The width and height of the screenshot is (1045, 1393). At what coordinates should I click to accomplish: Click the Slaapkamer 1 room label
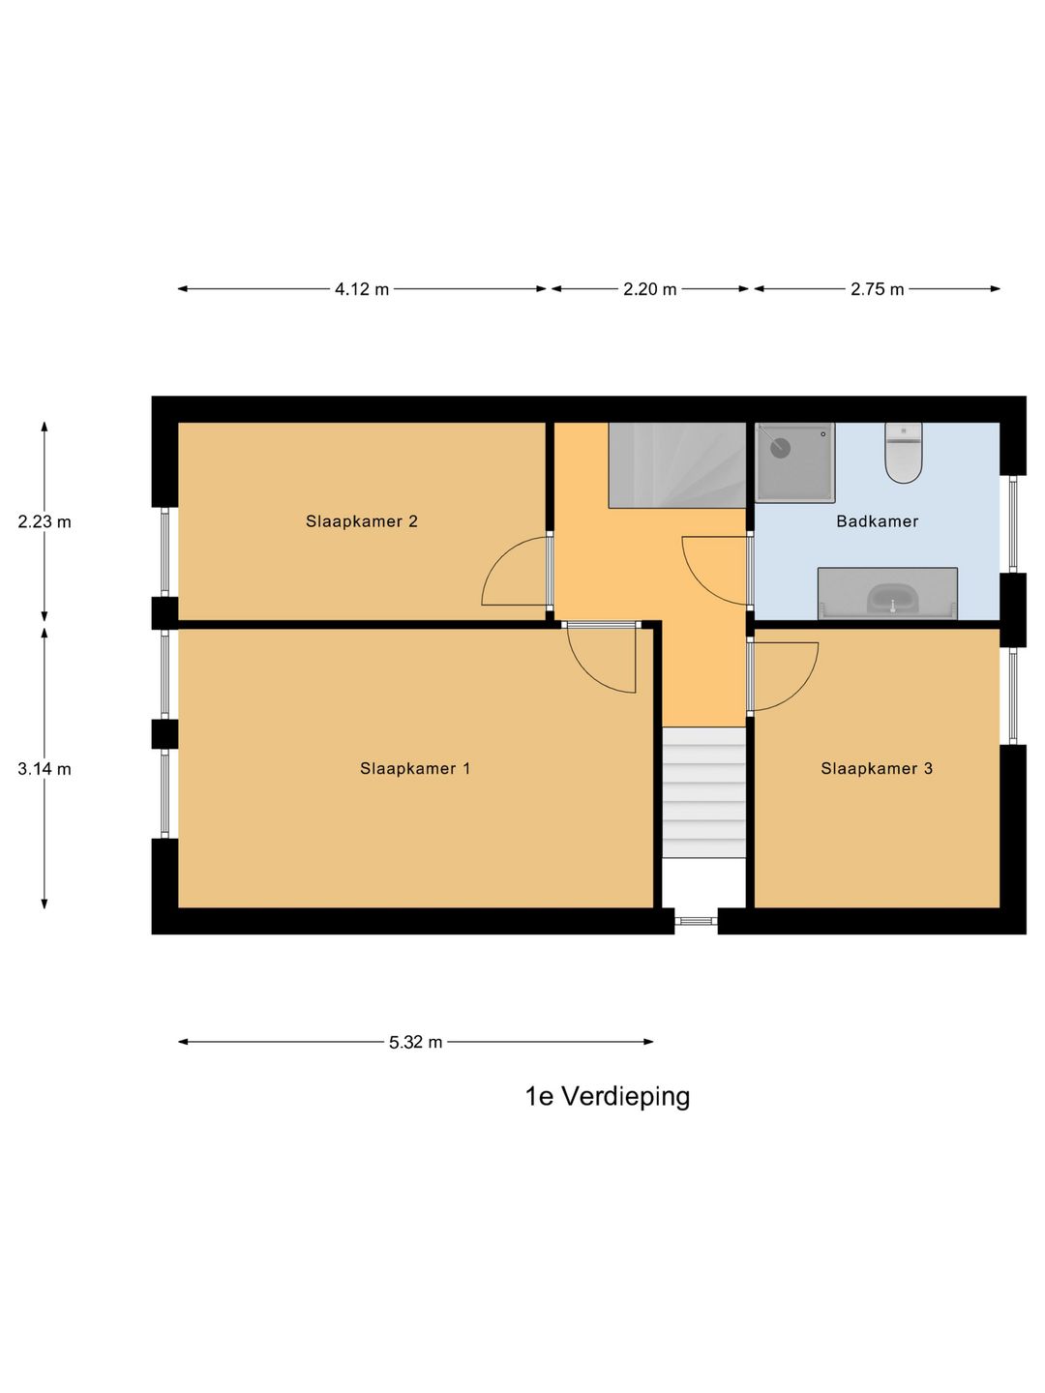point(415,769)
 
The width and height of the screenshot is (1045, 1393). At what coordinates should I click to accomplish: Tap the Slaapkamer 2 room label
point(362,521)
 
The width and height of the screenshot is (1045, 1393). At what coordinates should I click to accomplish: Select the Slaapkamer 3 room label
point(877,769)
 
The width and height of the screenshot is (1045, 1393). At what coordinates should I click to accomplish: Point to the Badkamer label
point(878,521)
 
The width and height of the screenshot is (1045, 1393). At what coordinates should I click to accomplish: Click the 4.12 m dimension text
point(362,289)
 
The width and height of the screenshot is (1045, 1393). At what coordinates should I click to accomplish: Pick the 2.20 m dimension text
point(650,289)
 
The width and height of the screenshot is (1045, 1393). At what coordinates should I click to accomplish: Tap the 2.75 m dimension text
point(878,289)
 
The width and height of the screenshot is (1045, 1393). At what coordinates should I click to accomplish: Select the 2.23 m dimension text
point(45,522)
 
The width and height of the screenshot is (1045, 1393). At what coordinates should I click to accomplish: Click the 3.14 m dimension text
point(45,770)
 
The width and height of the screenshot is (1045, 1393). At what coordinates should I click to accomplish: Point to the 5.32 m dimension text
point(416,1043)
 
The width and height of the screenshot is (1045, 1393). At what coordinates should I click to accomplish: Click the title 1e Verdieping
point(608,1097)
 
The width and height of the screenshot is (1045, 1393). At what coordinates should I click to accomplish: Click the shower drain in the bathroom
point(781,448)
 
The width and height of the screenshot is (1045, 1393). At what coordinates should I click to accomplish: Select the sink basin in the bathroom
point(891,599)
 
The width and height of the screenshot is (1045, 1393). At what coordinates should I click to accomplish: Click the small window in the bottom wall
point(696,921)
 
